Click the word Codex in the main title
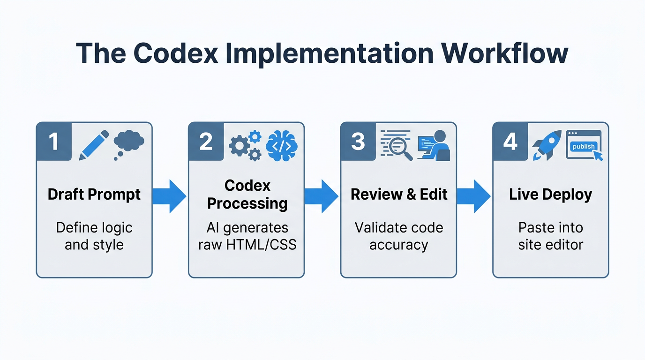(175, 53)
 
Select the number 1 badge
(54, 142)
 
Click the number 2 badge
(206, 142)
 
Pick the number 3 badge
(358, 142)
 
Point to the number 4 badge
(510, 142)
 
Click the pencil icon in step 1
(93, 145)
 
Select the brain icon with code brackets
(281, 145)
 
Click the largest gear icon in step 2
(240, 146)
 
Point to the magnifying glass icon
(402, 150)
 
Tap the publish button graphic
(583, 146)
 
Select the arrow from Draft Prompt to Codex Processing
(169, 196)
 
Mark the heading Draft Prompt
(94, 195)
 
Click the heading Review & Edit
(399, 195)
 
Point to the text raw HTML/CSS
(247, 245)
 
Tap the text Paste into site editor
(550, 236)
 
